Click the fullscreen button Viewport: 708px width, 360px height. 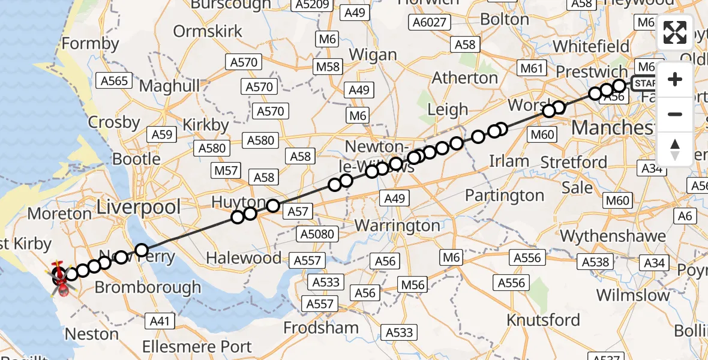[675, 32]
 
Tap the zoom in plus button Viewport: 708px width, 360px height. [675, 79]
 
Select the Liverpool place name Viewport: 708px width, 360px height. [139, 208]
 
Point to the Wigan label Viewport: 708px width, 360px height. [373, 55]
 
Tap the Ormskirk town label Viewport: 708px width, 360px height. [208, 31]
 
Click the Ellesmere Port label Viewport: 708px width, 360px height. [197, 347]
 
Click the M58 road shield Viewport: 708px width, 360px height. [328, 67]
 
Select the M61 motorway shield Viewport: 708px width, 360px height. [532, 68]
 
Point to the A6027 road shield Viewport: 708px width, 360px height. [428, 23]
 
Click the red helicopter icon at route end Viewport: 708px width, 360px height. [61, 278]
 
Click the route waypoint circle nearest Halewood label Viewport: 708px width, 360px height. [238, 217]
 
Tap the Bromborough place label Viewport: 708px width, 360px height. [148, 287]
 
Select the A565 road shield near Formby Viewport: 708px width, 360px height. [113, 82]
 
